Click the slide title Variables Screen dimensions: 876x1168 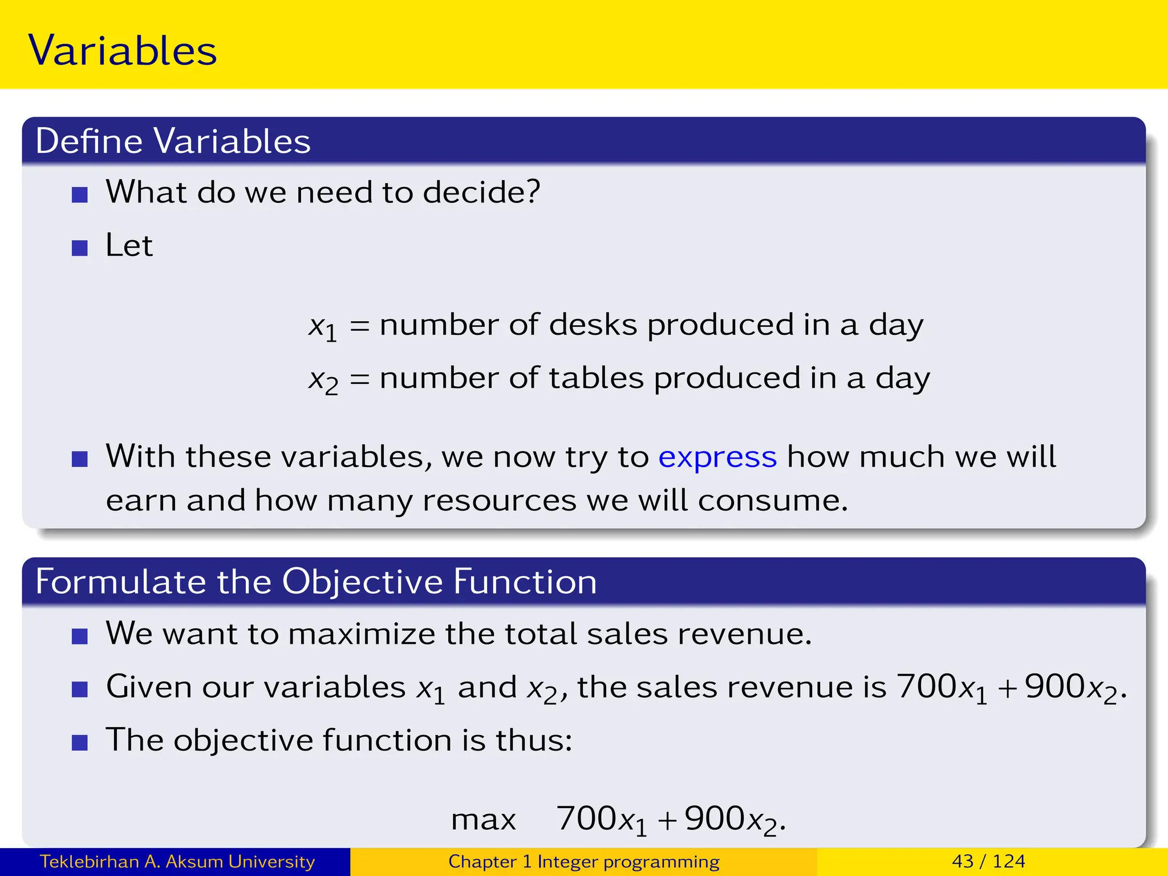pyautogui.click(x=123, y=50)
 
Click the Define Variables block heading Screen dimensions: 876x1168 pyautogui.click(x=173, y=141)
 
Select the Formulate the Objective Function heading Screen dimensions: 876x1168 pyautogui.click(x=316, y=582)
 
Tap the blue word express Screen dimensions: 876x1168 pyautogui.click(x=717, y=457)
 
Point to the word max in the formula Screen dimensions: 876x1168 pyautogui.click(x=483, y=820)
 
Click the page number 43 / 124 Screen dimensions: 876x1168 pyautogui.click(x=988, y=861)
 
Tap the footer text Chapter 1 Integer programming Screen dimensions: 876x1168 pyautogui.click(x=583, y=861)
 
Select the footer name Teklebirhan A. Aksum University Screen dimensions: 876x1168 pyautogui.click(x=177, y=861)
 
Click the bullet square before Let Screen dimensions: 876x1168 pyautogui.click(x=80, y=248)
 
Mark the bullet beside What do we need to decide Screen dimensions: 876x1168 pyautogui.click(x=80, y=195)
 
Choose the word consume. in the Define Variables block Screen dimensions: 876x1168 pyautogui.click(x=773, y=501)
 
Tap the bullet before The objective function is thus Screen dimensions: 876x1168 pyautogui.click(x=80, y=743)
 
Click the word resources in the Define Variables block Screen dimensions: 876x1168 pyautogui.click(x=499, y=501)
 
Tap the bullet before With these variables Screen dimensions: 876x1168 pyautogui.click(x=80, y=459)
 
